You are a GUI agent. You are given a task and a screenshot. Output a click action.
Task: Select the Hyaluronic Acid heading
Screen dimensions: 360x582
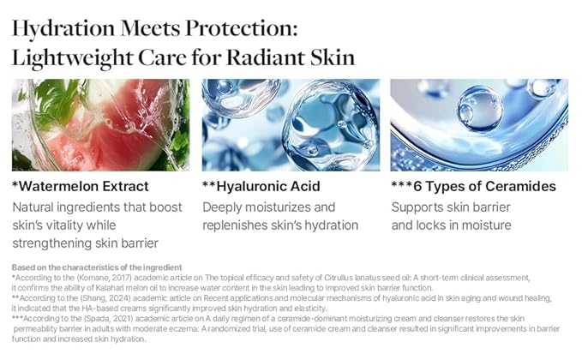261,186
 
